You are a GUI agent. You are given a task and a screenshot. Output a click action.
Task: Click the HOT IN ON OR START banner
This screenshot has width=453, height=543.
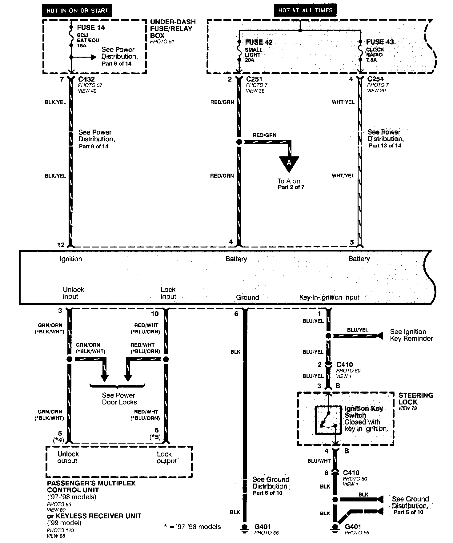(77, 10)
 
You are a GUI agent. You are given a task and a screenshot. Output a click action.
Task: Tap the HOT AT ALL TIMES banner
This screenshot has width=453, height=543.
(305, 10)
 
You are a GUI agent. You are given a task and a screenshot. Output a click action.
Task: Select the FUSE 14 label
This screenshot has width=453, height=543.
(91, 28)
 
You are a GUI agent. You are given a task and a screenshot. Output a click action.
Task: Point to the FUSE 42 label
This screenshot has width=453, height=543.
(259, 42)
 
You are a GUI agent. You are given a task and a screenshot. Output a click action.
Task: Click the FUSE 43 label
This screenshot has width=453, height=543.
(380, 42)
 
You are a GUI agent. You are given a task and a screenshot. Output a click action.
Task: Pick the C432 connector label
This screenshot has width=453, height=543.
(86, 79)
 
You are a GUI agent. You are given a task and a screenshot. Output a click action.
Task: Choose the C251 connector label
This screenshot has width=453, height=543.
(254, 79)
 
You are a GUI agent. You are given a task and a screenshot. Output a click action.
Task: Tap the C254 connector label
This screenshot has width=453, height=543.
(375, 79)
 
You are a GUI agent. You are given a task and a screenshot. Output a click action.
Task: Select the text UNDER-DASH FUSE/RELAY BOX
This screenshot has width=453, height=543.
(173, 29)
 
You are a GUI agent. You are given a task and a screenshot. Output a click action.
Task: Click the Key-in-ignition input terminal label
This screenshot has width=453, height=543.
(329, 298)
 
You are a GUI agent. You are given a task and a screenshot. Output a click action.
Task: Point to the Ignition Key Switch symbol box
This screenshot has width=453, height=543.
(328, 420)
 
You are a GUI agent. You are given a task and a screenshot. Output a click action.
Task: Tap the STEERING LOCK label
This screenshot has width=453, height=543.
(415, 399)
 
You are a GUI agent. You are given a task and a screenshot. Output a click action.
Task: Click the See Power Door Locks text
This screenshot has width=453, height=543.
(119, 399)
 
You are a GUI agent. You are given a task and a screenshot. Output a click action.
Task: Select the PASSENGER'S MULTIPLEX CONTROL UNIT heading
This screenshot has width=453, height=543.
(91, 486)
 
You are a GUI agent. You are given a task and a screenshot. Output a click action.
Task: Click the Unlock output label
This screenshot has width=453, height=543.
(68, 457)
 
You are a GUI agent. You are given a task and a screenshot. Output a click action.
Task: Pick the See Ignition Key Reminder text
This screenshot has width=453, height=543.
(411, 335)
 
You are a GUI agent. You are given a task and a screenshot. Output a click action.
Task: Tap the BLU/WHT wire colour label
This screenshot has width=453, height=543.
(319, 461)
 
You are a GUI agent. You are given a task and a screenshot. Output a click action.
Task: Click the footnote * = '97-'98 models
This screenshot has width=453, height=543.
(192, 527)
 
